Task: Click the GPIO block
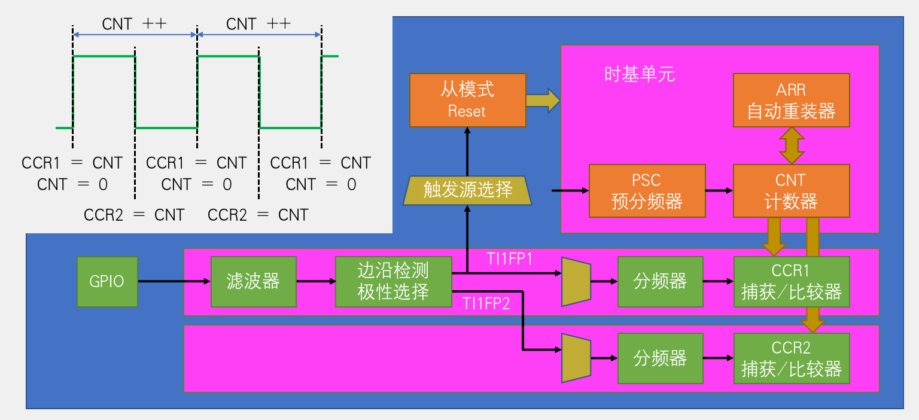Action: point(107,281)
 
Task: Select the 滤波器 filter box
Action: point(253,281)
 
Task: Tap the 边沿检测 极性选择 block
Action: point(393,281)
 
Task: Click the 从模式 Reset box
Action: point(467,101)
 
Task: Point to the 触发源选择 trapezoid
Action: point(467,190)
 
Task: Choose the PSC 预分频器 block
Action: point(647,190)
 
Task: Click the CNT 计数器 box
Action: point(791,190)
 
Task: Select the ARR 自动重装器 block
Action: point(791,101)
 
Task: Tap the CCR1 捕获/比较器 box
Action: point(791,281)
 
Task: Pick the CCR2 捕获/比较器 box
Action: point(791,358)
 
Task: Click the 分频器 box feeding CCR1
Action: point(660,281)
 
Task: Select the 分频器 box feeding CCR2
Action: point(660,358)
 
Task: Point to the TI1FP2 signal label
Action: point(486,303)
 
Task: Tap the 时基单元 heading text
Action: point(640,75)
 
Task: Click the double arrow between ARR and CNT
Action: point(791,145)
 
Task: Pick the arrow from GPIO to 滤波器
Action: point(174,281)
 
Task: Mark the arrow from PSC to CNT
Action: point(719,190)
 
